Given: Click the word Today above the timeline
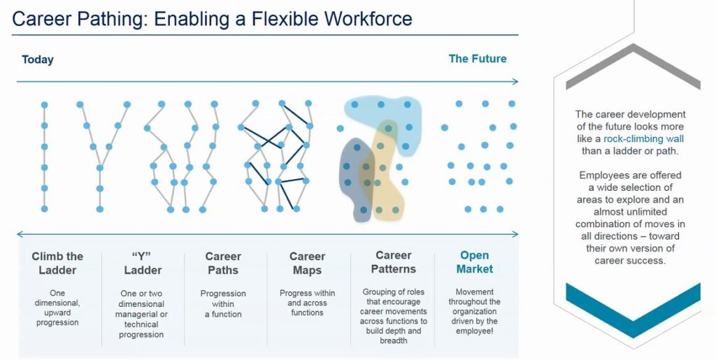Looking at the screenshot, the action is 38,59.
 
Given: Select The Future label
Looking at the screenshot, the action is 477,59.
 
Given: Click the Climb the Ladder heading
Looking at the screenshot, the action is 57,264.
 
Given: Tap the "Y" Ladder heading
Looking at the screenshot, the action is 143,264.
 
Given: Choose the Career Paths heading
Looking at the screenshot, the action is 223,264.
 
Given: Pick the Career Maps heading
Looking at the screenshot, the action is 308,264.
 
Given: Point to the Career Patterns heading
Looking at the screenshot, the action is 393,262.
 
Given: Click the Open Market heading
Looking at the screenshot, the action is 475,262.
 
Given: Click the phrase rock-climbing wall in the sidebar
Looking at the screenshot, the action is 643,138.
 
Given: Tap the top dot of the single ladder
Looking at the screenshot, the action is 44,105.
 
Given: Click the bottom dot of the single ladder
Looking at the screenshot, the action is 44,209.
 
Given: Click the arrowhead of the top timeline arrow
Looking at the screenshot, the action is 515,82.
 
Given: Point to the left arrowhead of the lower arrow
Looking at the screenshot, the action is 20,235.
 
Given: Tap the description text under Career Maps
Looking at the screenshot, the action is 308,303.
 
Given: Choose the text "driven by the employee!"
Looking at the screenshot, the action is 475,326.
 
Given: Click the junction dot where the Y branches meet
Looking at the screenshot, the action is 100,168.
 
